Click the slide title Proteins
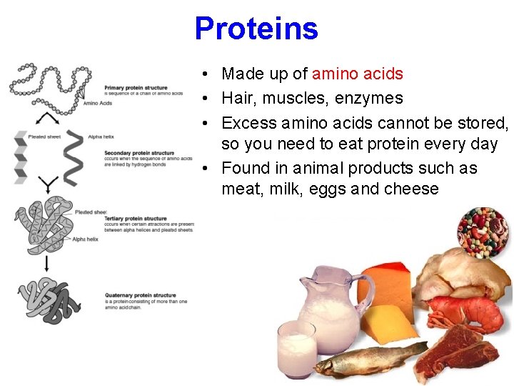click(256, 29)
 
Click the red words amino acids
click(358, 74)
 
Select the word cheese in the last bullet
click(413, 189)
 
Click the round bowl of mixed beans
click(483, 233)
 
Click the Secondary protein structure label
click(139, 153)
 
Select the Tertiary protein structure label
click(135, 219)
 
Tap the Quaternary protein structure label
click(140, 295)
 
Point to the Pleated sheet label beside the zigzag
click(44, 136)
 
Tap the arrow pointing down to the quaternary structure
click(47, 263)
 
